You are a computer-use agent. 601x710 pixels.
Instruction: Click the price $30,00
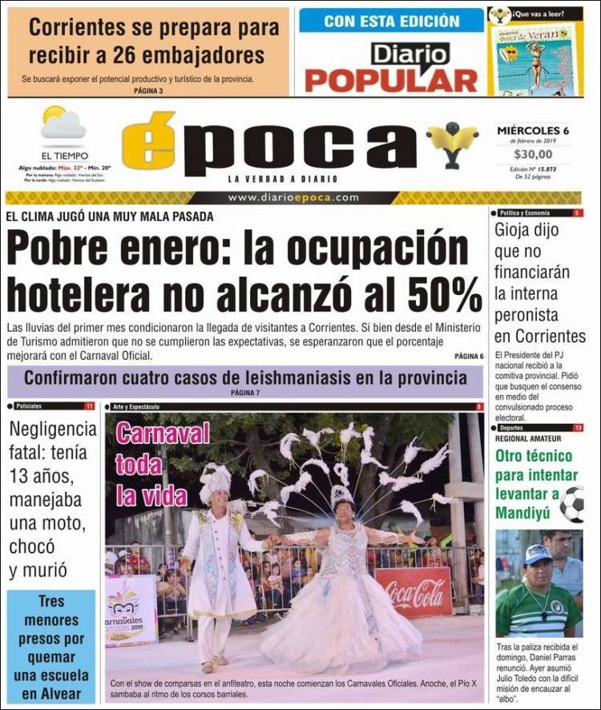(x=533, y=155)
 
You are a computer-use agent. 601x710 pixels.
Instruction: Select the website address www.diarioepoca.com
(x=292, y=198)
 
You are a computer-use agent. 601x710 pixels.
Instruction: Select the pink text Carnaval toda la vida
(x=151, y=465)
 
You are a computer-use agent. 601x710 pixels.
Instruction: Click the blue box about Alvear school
(x=51, y=647)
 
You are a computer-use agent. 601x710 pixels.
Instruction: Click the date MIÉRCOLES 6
(x=533, y=131)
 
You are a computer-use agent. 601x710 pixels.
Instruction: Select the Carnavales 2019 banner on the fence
(x=131, y=611)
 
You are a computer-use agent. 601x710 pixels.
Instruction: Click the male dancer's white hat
(x=216, y=482)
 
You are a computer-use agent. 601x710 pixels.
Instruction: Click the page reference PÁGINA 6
(x=469, y=356)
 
